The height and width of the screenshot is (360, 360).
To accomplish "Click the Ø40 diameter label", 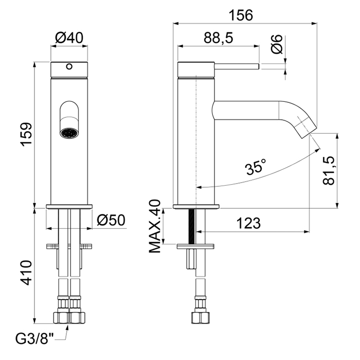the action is (69, 38).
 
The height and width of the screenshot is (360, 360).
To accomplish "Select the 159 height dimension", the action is (26, 134).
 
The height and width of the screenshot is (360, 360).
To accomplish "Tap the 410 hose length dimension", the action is (26, 273).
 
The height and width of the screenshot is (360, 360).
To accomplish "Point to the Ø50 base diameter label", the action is (111, 220).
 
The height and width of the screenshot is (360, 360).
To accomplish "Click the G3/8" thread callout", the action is (34, 338).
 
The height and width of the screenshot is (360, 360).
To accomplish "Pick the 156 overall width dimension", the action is (241, 15).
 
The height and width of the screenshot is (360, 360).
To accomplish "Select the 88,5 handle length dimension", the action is (219, 38).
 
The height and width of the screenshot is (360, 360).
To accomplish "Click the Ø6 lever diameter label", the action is (277, 44).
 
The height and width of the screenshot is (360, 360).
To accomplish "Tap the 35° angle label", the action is (256, 166).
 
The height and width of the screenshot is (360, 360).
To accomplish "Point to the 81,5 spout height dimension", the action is (328, 171).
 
